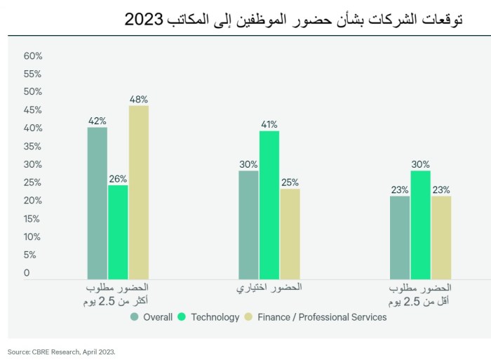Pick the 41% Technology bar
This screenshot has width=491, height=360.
(269, 205)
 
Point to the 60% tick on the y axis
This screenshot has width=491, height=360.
(33, 56)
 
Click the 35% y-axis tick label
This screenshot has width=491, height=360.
(33, 147)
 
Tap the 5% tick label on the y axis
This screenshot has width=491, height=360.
(31, 255)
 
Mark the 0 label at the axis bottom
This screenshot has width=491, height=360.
(27, 273)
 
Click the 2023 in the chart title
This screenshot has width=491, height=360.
(144, 20)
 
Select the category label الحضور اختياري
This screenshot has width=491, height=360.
(269, 288)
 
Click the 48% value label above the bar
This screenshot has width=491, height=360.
(138, 100)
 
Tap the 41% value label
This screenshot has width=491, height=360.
(269, 125)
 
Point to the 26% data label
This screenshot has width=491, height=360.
(118, 179)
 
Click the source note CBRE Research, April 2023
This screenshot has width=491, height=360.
(61, 352)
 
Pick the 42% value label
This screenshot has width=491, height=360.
(97, 121)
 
